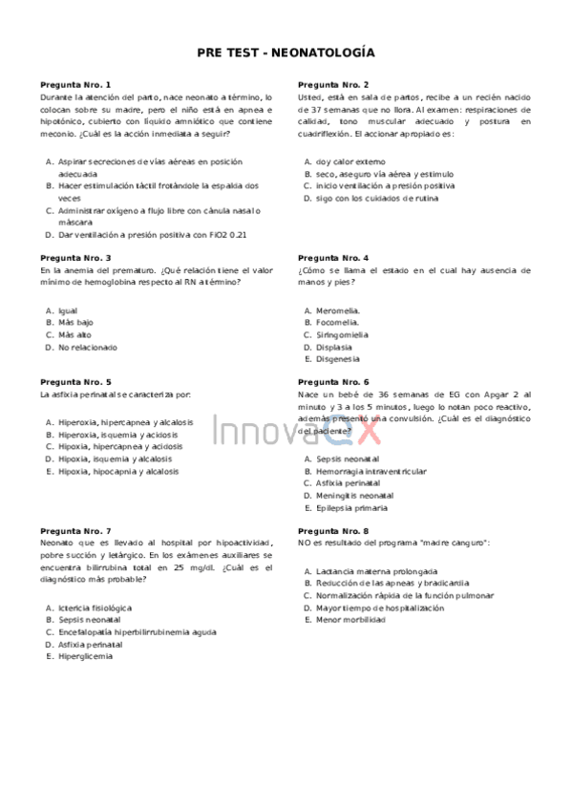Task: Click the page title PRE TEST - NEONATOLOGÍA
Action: click(x=286, y=53)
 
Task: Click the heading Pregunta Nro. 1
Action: click(x=75, y=84)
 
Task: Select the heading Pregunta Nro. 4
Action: click(x=333, y=258)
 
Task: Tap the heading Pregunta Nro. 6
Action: click(x=333, y=381)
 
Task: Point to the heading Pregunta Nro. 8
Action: click(x=333, y=530)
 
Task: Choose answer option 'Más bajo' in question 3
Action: click(x=75, y=323)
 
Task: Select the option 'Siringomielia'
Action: click(x=342, y=335)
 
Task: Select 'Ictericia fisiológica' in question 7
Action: click(x=95, y=607)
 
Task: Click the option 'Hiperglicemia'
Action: click(x=85, y=656)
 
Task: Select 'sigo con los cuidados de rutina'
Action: click(x=377, y=198)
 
